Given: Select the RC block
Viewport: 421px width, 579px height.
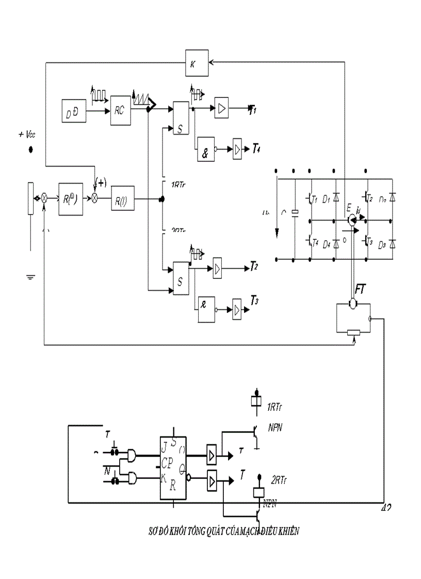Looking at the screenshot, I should pos(120,110).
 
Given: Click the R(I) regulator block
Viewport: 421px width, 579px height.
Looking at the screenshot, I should pos(122,198).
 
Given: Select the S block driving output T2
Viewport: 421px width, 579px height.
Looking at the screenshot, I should pos(181,278).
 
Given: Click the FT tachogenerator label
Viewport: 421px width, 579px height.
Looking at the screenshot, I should pos(361,289).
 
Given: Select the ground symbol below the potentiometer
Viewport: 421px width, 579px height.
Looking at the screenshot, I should pos(31,277).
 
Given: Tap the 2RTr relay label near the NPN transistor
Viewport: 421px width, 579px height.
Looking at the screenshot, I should pos(279,480).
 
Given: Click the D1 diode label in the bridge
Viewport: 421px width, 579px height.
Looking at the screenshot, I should pos(326,198).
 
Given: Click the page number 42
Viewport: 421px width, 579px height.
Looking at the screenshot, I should pos(385,508).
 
